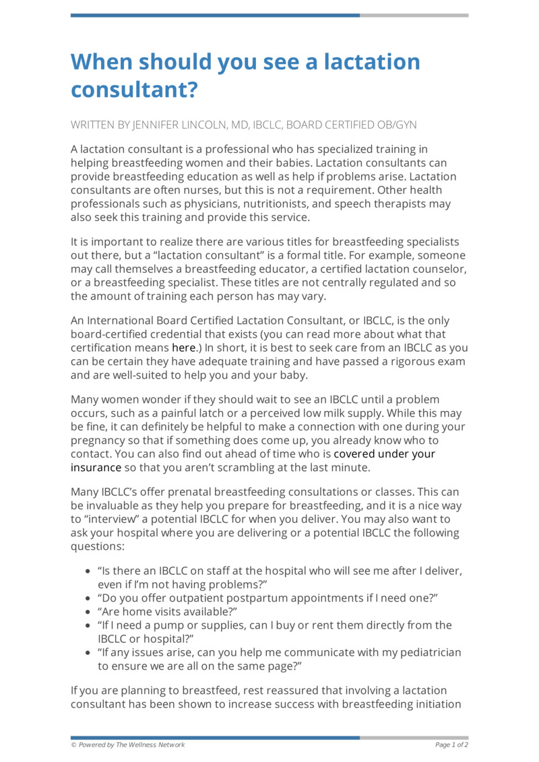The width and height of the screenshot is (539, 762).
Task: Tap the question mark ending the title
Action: [x=192, y=90]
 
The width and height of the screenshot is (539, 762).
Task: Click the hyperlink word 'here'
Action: [x=183, y=348]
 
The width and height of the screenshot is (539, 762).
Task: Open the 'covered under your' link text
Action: [x=384, y=453]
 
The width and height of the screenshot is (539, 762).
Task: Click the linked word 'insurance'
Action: [x=96, y=467]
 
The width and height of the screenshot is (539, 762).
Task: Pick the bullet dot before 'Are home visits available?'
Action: [x=88, y=612]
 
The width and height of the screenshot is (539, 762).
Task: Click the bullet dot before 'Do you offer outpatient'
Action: [x=88, y=598]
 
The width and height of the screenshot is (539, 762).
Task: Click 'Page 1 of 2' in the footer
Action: [x=451, y=744]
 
